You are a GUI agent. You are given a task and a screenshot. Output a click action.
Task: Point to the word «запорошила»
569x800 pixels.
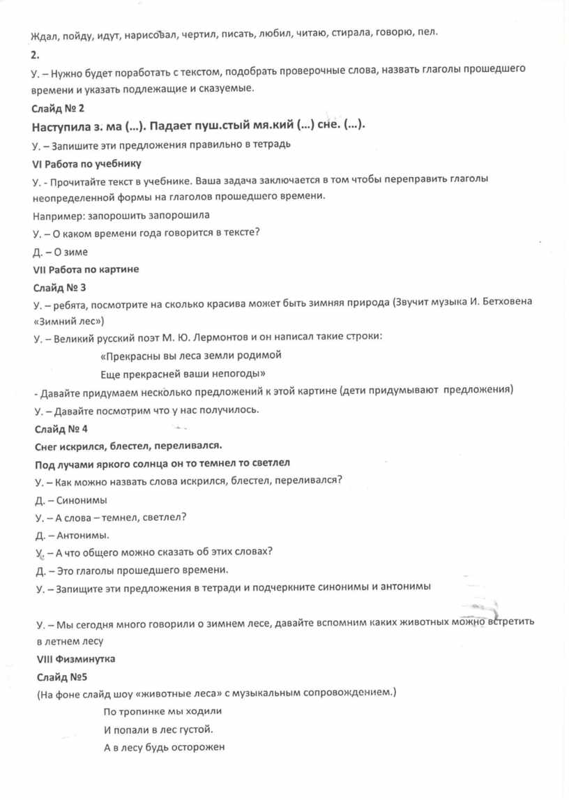tap(183, 216)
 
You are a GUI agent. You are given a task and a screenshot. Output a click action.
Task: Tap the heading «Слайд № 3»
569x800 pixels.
tap(59, 287)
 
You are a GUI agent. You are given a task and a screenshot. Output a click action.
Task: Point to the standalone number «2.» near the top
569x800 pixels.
tap(36, 53)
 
